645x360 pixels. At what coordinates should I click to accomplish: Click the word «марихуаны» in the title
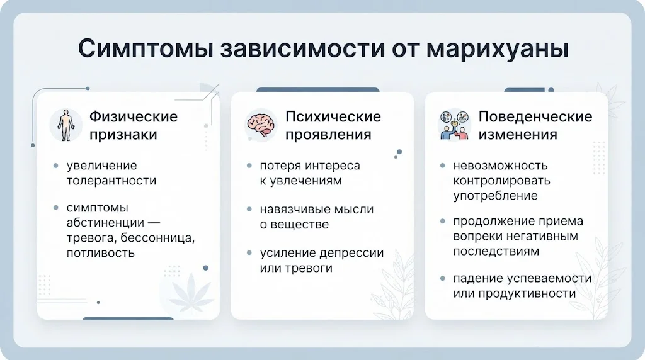tap(497, 49)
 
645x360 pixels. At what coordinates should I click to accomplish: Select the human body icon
tap(66, 125)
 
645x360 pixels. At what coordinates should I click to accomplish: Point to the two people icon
tap(455, 125)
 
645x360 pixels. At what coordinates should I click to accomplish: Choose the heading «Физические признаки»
tap(134, 125)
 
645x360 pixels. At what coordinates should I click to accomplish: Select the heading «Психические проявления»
tap(333, 125)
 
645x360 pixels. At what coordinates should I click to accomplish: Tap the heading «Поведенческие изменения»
tap(535, 125)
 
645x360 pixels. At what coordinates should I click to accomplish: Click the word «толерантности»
tap(111, 181)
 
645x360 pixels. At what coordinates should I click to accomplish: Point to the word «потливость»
tap(101, 253)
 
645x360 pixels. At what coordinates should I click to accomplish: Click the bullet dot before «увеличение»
tap(56, 166)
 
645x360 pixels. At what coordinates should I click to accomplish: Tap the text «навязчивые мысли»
tap(317, 210)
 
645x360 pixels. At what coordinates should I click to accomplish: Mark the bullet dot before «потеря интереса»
tap(249, 166)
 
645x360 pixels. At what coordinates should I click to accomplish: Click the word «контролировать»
tap(501, 181)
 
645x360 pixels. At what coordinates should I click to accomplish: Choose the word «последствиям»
tap(496, 251)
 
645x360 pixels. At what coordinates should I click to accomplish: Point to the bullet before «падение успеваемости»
tap(443, 279)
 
